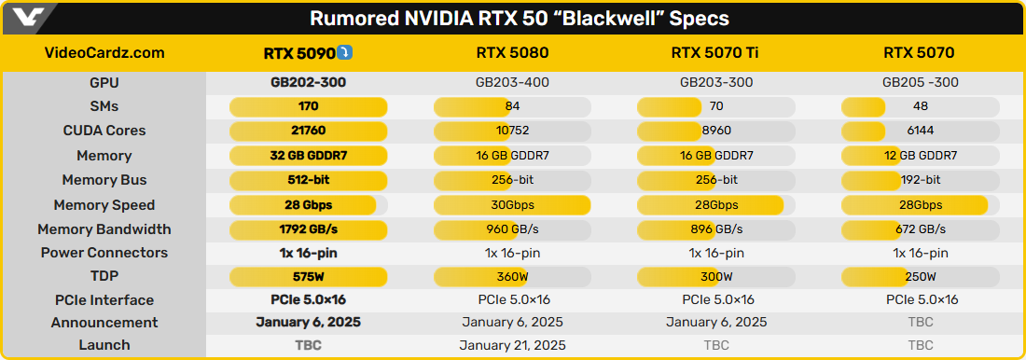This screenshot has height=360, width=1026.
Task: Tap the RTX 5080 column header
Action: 512,53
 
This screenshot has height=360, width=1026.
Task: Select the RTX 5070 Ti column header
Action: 715,53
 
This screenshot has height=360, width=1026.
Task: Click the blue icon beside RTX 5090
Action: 345,52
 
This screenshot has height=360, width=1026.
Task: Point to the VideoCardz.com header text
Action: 104,53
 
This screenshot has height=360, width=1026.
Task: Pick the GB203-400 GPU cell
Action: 512,82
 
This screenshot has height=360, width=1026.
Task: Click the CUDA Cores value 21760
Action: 308,131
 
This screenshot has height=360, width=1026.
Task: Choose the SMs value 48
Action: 920,106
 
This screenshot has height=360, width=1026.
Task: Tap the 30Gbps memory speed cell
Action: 512,205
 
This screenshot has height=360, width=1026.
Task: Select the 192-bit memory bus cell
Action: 920,180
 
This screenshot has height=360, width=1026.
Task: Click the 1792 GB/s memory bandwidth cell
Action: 308,229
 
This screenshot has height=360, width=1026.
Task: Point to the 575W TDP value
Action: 308,277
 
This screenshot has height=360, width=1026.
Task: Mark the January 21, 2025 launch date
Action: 512,345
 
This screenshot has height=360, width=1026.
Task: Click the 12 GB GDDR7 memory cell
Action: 920,156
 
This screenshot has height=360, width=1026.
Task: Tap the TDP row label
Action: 104,277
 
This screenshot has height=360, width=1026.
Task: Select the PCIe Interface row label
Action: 104,300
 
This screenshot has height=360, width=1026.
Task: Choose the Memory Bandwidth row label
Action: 104,229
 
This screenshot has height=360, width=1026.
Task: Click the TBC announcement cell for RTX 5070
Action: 920,322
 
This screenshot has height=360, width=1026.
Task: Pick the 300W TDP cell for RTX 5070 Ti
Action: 715,277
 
